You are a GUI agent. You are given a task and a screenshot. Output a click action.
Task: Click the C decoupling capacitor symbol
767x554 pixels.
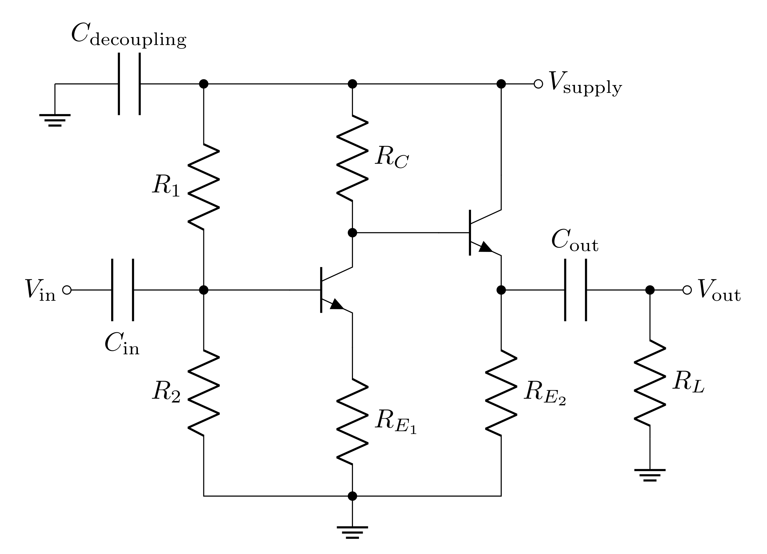129,83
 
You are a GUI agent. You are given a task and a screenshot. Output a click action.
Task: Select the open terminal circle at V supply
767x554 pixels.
538,83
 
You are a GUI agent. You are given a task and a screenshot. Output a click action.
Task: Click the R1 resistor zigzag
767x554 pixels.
204,187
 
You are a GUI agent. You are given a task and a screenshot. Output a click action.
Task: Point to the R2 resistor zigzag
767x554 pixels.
204,393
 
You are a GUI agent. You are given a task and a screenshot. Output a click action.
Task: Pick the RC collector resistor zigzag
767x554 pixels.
352,158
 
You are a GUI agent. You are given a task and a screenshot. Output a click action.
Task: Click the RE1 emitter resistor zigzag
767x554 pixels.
352,421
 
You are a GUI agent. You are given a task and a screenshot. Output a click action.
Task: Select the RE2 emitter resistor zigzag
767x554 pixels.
501,393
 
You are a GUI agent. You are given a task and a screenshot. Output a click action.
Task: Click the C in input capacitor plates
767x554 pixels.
122,290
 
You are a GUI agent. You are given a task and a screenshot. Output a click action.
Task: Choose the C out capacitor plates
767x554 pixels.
576,290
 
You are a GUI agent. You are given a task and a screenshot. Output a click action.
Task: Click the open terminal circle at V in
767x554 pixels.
67,290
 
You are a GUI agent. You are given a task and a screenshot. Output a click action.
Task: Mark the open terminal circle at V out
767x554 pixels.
687,290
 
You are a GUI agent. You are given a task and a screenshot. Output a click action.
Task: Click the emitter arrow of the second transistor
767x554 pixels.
486,247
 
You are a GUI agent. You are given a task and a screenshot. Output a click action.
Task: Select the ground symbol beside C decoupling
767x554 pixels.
55,120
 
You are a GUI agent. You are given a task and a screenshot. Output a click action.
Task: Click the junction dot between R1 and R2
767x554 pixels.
204,290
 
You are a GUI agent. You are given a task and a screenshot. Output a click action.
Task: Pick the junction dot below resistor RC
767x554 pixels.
352,233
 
